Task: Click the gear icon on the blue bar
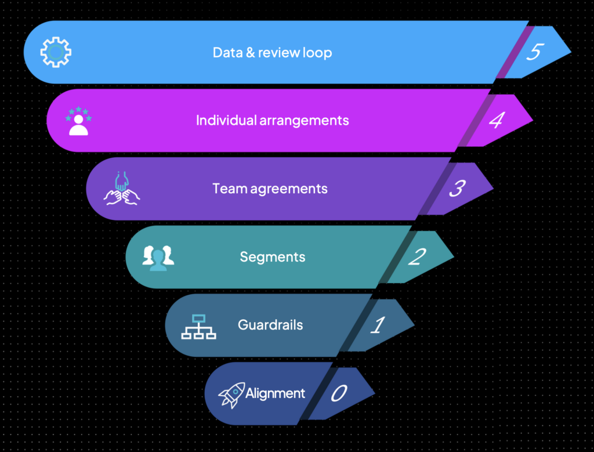[56, 53]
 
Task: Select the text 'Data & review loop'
[272, 53]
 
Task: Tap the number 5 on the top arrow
[534, 52]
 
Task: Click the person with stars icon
[78, 121]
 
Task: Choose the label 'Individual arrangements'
[272, 121]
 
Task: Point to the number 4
[495, 121]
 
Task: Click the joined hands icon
[122, 189]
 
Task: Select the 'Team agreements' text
[270, 189]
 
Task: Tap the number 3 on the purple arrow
[457, 189]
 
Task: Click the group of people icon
[158, 257]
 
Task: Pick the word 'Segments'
[272, 256]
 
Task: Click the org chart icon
[198, 326]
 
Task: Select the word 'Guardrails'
[270, 324]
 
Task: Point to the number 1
[377, 325]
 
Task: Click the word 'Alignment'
[275, 393]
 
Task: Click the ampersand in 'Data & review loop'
[249, 53]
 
